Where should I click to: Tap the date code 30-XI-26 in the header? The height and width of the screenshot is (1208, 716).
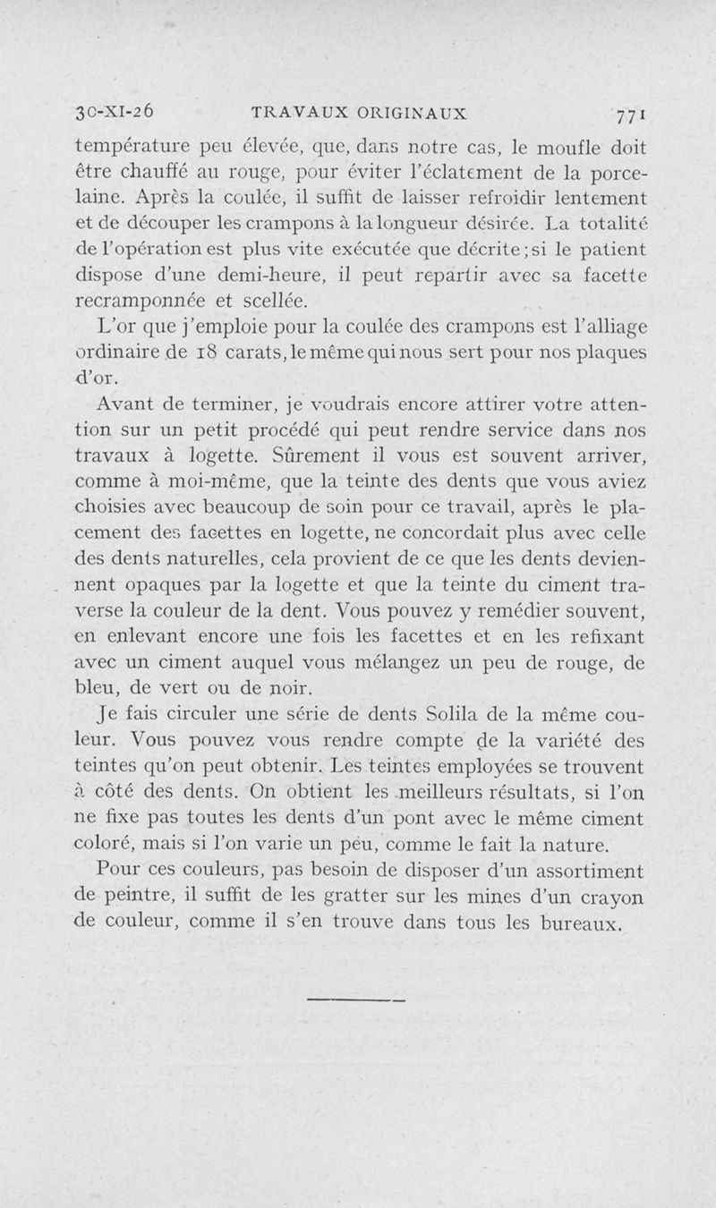115,112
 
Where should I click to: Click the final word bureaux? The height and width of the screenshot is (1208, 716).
579,923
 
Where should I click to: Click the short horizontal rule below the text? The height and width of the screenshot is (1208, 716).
356,999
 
